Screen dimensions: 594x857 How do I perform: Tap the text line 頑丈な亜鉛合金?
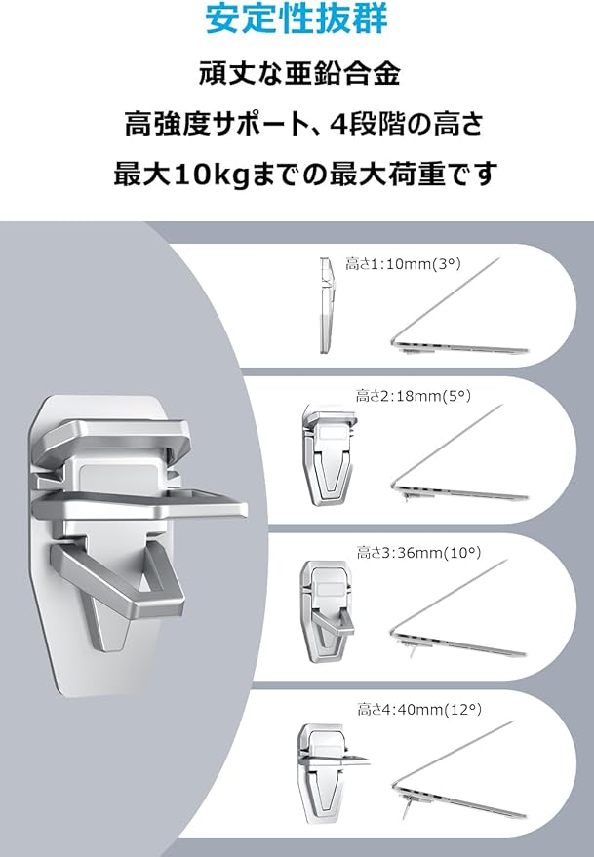coord(299,74)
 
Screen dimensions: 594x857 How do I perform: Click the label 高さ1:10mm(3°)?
coord(403,264)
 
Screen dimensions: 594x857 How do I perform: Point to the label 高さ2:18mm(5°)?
coord(413,395)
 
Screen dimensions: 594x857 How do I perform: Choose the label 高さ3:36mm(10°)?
coord(419,553)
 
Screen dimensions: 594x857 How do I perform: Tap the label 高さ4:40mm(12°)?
coord(419,710)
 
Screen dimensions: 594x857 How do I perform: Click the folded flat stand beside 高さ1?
coord(327,304)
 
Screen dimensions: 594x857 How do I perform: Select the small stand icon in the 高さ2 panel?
coord(329,454)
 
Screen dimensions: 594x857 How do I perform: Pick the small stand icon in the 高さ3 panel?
coord(327,611)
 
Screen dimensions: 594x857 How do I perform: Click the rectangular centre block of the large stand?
coord(116,480)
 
